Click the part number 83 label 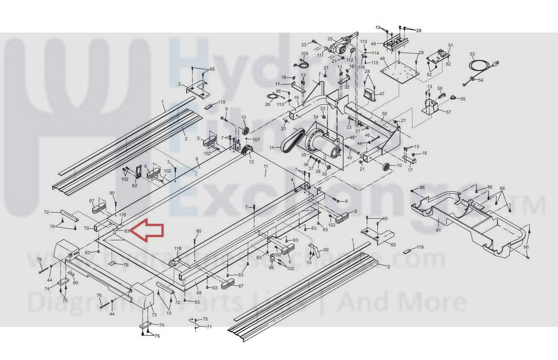(127, 231)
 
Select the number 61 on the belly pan (438, 230)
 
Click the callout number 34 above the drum (316, 117)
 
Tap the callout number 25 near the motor (330, 39)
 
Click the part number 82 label (134, 186)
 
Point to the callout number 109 (304, 54)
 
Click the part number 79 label (86, 228)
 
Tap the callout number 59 (326, 250)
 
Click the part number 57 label (448, 112)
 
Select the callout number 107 (256, 140)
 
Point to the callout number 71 (209, 327)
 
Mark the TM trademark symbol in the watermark (532, 205)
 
